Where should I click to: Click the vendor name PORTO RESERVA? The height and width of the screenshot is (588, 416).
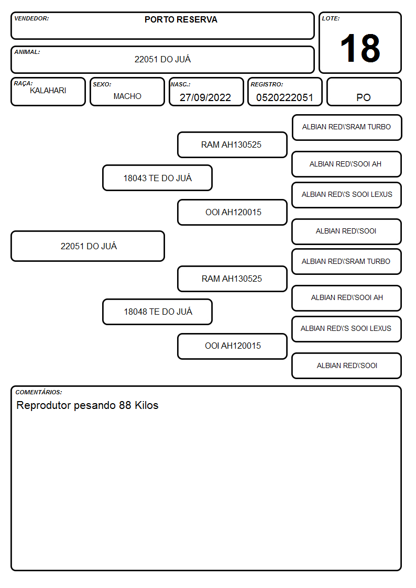tap(181, 19)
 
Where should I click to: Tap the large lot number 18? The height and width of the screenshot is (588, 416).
tap(360, 48)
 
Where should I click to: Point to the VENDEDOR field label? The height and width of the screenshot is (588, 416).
tap(31, 18)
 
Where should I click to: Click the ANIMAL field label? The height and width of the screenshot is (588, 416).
tap(27, 52)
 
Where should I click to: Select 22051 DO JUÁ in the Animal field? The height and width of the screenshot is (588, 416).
tap(162, 59)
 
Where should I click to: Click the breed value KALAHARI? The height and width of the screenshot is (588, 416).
tap(48, 91)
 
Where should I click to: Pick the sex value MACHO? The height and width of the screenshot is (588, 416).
tap(127, 96)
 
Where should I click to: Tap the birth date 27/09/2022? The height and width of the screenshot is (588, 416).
tap(205, 97)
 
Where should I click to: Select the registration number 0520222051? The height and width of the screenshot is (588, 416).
tap(284, 97)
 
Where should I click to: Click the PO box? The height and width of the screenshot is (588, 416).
tap(364, 92)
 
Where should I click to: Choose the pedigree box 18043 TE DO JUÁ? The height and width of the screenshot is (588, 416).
tap(158, 177)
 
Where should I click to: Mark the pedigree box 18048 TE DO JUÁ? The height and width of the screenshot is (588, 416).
tap(158, 312)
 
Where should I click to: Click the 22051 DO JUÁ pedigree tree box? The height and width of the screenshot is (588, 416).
tap(88, 246)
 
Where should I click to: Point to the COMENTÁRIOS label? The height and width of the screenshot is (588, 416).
tap(39, 392)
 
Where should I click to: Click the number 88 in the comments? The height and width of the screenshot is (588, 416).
tap(125, 405)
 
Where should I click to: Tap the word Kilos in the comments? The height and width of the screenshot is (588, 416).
tap(147, 405)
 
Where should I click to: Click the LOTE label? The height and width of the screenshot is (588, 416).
tap(331, 18)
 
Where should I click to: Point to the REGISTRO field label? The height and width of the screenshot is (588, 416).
tap(267, 84)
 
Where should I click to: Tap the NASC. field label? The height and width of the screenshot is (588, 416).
tap(180, 84)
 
